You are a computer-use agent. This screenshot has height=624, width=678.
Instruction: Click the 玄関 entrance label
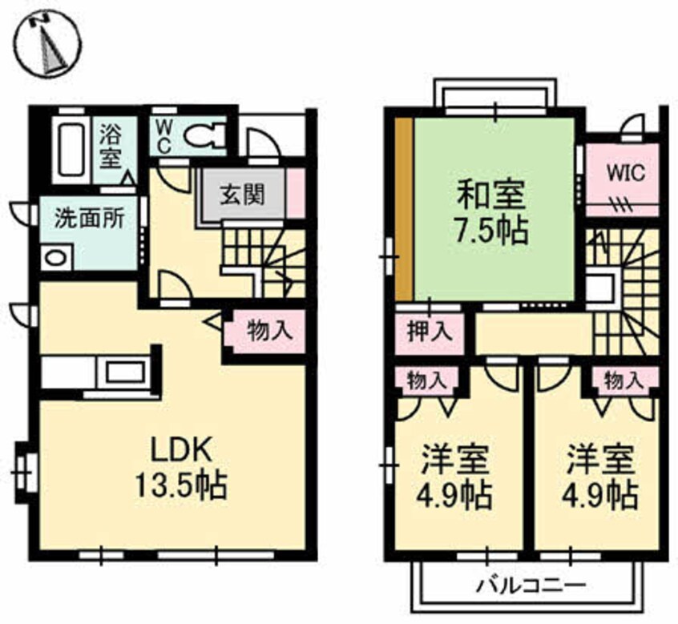242,195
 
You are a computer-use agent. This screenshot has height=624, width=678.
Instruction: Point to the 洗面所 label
89,219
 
